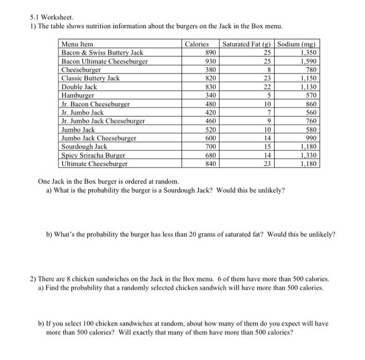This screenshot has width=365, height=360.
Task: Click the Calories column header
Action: click(x=197, y=44)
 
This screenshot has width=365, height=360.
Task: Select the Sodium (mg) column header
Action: click(x=298, y=44)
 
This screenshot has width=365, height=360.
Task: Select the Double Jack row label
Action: click(x=79, y=87)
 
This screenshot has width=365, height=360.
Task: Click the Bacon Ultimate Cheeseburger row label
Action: click(x=104, y=61)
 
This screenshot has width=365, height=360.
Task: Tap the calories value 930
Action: click(x=211, y=61)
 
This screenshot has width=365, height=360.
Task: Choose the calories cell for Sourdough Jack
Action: click(x=211, y=146)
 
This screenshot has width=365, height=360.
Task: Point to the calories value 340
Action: click(x=211, y=95)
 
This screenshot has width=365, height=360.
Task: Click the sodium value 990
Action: click(x=311, y=138)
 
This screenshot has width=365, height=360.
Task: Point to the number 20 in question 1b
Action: click(x=215, y=234)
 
